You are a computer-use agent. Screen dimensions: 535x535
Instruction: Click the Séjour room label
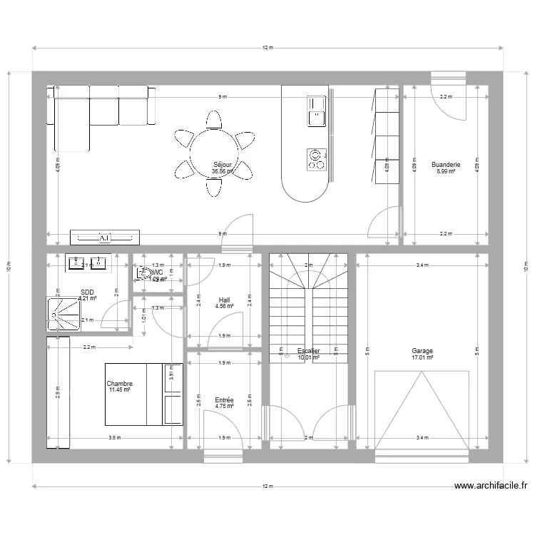(222, 165)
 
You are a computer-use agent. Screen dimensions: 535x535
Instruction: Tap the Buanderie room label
(446, 165)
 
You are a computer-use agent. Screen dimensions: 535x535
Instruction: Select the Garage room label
(422, 351)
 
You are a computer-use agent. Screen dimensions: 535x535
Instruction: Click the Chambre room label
(120, 384)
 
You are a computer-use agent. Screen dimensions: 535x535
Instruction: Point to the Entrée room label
(224, 400)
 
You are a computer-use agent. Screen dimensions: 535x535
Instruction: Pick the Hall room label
(224, 300)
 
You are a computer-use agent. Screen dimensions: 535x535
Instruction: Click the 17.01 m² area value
(422, 358)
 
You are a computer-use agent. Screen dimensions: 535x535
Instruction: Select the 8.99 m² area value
(446, 172)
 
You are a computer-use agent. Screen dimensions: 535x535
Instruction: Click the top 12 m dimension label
(267, 48)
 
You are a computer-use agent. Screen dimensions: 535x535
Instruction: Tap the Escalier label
(308, 351)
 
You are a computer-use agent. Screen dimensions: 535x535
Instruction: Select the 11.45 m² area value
(120, 391)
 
